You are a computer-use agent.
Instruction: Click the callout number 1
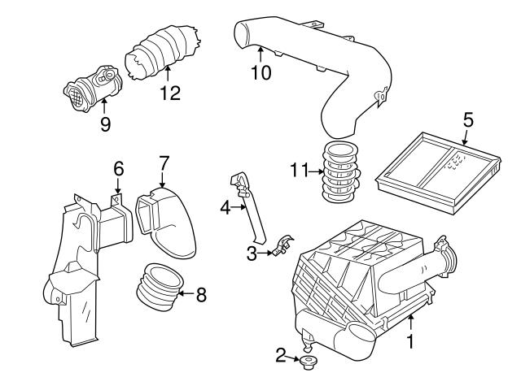click(x=410, y=343)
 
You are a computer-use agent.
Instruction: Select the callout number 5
click(x=468, y=120)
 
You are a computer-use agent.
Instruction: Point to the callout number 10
click(x=260, y=72)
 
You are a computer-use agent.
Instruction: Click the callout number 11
click(x=299, y=170)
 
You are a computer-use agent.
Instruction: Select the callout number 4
click(x=225, y=208)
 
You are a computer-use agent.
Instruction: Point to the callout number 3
click(x=252, y=253)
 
